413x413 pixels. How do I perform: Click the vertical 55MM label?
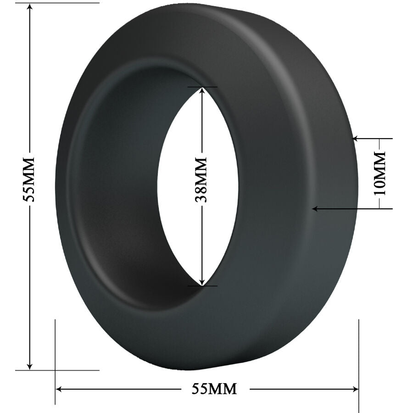tap(29, 180)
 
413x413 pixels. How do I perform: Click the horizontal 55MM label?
tap(214, 389)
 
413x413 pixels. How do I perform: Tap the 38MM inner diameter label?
tap(201, 179)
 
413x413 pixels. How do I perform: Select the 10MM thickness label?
tap(380, 173)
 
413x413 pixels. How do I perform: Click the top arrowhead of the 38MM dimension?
tap(202, 90)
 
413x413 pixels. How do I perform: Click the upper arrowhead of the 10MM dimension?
tap(355, 138)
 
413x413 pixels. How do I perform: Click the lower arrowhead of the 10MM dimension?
tap(315, 209)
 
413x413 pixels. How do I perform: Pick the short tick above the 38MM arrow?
tap(202, 87)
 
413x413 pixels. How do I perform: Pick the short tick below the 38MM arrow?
tap(202, 286)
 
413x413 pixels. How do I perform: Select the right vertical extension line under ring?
tap(358, 363)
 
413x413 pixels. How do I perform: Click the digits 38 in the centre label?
tap(201, 193)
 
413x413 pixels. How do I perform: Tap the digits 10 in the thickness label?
tap(380, 186)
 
